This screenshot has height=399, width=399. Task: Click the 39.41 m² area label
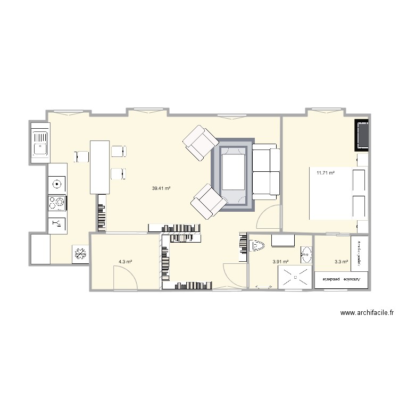coord(161,188)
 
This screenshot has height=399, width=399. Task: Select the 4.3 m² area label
coord(125,262)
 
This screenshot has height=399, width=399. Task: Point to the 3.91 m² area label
coord(280,262)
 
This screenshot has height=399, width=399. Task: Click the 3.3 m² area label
coord(341,262)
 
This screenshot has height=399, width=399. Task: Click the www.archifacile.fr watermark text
coord(367,313)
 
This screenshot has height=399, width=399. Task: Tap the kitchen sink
coord(40,143)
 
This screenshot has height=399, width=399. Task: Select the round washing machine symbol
coord(57,184)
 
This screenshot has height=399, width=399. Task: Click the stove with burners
coord(57,203)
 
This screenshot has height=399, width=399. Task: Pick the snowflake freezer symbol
coord(81,254)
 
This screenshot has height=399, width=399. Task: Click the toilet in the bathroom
coord(257,246)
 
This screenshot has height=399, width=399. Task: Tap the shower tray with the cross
coord(293,277)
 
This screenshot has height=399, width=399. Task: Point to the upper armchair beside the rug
coord(201,143)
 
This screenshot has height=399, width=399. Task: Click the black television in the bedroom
coord(362,135)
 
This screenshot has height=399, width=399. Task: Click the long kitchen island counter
coord(99,167)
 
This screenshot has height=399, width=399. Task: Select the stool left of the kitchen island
coord(81,156)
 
